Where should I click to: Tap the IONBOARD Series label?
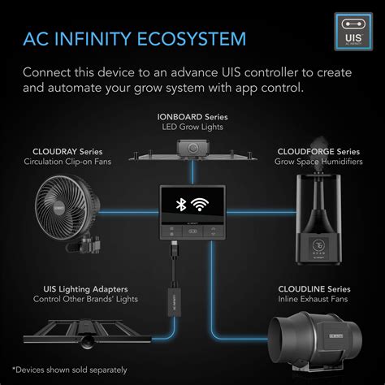(192, 117)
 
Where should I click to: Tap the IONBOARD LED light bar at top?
(192, 152)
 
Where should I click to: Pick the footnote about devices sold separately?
(70, 370)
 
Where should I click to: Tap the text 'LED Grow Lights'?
(192, 128)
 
